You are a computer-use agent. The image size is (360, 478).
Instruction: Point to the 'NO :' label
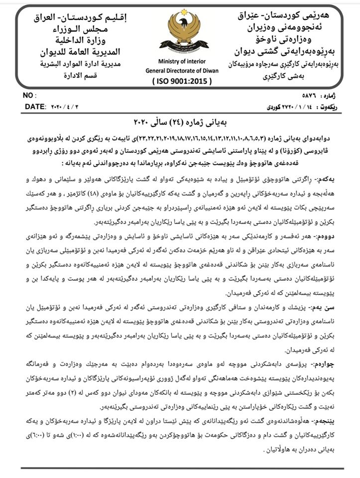pyautogui.click(x=31, y=95)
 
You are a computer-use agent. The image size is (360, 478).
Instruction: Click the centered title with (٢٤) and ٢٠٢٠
pyautogui.click(x=180, y=122)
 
